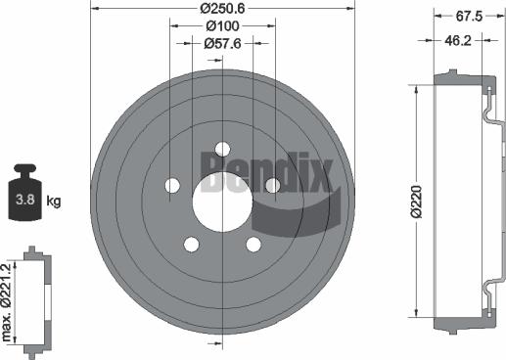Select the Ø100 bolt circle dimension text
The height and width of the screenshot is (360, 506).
[x=224, y=25]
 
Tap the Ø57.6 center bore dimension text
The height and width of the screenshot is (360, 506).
[x=224, y=43]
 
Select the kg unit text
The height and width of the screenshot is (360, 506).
[x=53, y=202]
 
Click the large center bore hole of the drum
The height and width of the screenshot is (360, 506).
[x=223, y=195]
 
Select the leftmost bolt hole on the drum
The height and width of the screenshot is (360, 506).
[x=174, y=185]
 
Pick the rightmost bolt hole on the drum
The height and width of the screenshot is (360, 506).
[x=273, y=185]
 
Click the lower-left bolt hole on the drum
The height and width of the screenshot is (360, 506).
[x=193, y=244]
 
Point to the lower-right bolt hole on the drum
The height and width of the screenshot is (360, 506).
[x=254, y=244]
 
